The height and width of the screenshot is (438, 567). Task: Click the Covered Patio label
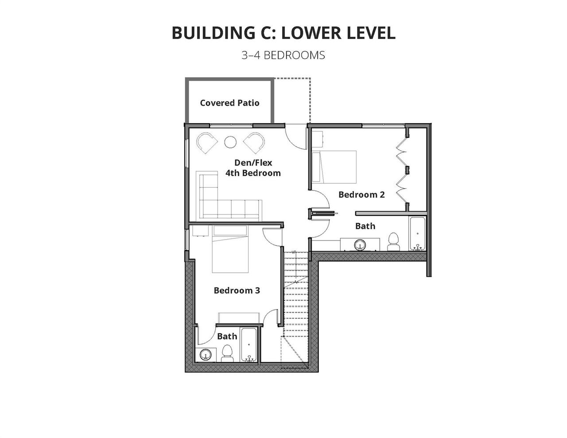229,103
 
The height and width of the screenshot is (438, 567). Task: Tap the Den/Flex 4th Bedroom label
253,168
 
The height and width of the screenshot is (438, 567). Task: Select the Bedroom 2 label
361,194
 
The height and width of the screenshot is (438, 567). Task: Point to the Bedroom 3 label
237,291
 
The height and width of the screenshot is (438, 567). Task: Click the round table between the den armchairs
230,142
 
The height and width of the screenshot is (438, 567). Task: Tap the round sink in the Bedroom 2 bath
360,245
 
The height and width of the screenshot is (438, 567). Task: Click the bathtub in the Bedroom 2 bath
417,233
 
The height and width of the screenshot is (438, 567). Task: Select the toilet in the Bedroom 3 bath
227,353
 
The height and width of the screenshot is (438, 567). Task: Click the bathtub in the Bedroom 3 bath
249,345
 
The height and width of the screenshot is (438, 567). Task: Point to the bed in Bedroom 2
334,167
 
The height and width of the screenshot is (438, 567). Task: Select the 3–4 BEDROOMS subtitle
283,55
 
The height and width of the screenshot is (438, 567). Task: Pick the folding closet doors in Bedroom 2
402,172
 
